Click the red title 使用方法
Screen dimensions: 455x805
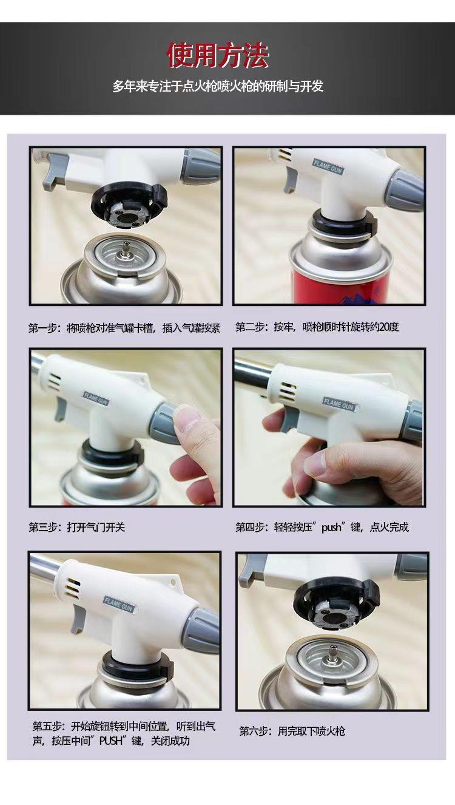tap(218, 56)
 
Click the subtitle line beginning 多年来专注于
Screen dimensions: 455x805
tap(218, 86)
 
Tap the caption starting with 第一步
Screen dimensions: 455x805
tap(124, 328)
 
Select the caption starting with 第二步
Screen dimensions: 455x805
tap(317, 327)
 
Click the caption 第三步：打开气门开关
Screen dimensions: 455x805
tap(77, 527)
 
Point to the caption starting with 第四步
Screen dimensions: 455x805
tap(322, 527)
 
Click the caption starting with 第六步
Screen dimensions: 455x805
tap(292, 731)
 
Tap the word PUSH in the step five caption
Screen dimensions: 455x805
tap(111, 741)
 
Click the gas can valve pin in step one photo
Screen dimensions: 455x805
tap(126, 249)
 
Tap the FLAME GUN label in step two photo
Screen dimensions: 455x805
tap(328, 167)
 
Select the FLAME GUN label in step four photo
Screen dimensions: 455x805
tap(339, 404)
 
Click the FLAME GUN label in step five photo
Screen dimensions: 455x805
tap(118, 603)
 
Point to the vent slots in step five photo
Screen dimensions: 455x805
tap(72, 589)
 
